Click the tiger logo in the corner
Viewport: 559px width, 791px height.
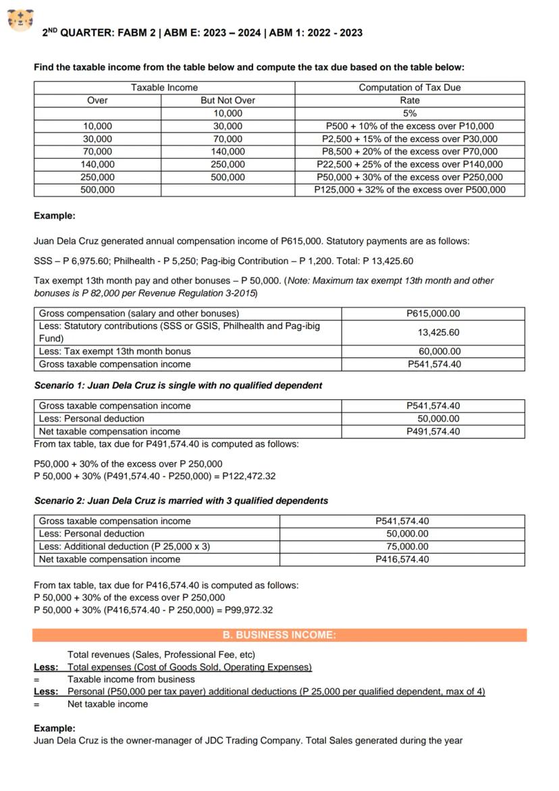click(x=21, y=20)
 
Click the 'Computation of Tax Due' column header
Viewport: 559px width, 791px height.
click(x=409, y=87)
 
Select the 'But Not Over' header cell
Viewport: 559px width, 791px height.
click(x=228, y=100)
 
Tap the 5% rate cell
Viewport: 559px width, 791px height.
click(x=409, y=113)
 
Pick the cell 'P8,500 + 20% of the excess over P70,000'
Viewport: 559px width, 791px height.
click(x=409, y=151)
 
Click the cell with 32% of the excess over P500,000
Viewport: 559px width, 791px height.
click(x=409, y=190)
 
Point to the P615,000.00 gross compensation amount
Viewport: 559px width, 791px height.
click(x=433, y=313)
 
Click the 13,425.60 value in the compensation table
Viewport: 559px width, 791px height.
click(x=438, y=332)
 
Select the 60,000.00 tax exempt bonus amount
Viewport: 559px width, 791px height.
click(x=440, y=351)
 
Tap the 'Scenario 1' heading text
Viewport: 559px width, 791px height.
click(x=178, y=385)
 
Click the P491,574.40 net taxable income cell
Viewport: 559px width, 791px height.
click(x=433, y=431)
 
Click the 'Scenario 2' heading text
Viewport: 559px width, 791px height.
click(x=181, y=501)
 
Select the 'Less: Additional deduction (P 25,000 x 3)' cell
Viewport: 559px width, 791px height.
click(x=124, y=546)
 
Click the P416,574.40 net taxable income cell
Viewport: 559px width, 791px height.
click(x=402, y=559)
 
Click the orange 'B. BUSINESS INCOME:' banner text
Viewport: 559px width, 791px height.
click(x=279, y=635)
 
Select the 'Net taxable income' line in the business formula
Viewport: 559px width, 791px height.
click(x=107, y=704)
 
